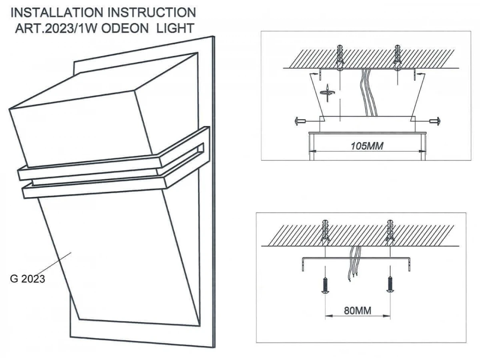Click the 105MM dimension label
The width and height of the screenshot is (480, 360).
pyautogui.click(x=367, y=146)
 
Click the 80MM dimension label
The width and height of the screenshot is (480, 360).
pyautogui.click(x=358, y=310)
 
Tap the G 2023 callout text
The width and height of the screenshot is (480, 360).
pyautogui.click(x=27, y=278)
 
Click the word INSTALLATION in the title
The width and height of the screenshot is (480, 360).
pyautogui.click(x=58, y=13)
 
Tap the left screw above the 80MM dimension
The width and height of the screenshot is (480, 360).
pyautogui.click(x=325, y=285)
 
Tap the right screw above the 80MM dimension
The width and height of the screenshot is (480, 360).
pyautogui.click(x=390, y=285)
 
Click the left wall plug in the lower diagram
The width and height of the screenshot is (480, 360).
pyautogui.click(x=326, y=234)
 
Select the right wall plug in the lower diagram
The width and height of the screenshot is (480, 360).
pyautogui.click(x=390, y=234)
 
